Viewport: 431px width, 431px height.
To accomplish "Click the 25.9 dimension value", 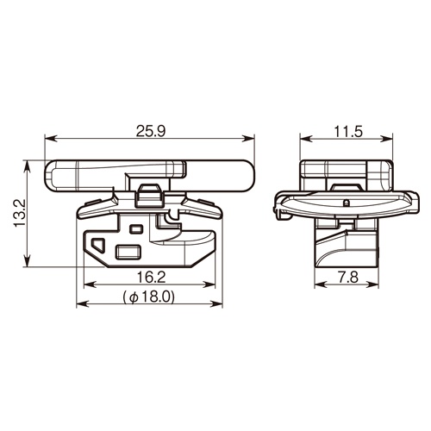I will pos(151,131).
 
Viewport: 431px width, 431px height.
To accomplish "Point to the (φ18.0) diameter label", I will pos(149,296).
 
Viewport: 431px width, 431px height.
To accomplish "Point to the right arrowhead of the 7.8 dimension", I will pos(376,287).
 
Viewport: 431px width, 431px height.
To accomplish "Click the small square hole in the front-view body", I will pos(134,230).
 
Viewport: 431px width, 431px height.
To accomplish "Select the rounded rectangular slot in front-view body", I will pos(128,251).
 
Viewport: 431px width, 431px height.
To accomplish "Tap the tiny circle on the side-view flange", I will pos(345,203).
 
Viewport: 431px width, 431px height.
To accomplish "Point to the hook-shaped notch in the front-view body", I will pos(171,228).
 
